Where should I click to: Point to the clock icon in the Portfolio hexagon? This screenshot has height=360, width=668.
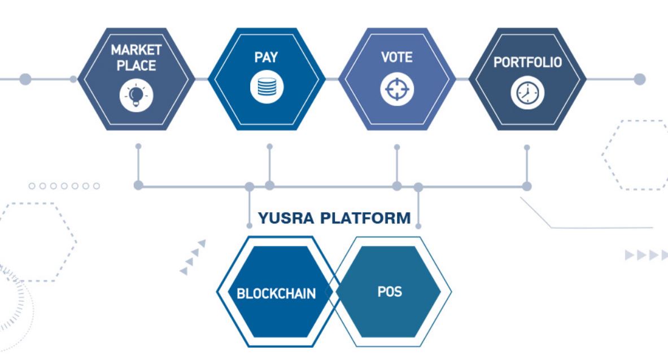pos(527,93)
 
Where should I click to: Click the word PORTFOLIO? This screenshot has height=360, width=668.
pos(527,63)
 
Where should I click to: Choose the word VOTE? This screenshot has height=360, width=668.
pos(397,57)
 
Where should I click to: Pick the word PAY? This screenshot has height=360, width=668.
pos(267,57)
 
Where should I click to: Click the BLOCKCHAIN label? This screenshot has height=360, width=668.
pos(276,294)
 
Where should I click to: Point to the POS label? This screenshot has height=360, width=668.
pos(390,292)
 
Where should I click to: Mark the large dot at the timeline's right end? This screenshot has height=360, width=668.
pos(639,79)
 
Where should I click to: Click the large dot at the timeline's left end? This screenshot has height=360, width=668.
pos(25,79)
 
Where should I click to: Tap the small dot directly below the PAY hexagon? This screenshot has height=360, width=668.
pos(269,147)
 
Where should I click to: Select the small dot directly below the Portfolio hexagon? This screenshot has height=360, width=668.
pos(527,147)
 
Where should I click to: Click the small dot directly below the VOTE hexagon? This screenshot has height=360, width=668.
pos(397,147)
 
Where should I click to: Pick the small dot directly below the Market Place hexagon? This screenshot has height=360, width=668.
pos(138,146)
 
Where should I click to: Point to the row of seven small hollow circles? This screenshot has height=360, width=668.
pos(64,186)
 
